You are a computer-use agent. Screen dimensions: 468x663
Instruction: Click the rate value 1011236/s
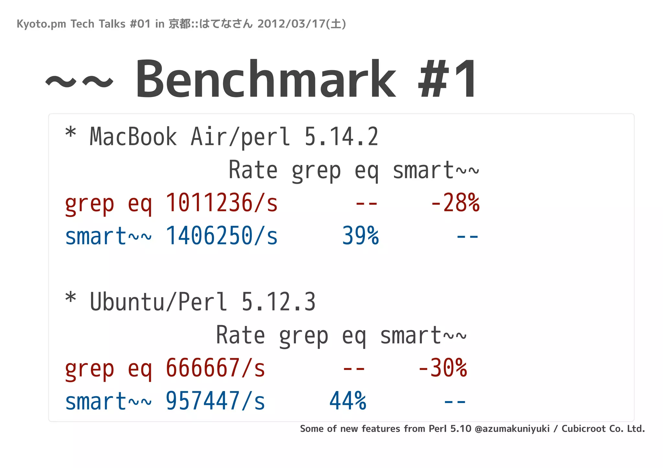point(221,203)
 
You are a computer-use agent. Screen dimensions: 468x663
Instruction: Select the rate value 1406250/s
point(221,236)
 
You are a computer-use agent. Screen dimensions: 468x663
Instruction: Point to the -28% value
point(455,203)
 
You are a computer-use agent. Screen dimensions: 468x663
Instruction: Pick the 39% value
point(360,236)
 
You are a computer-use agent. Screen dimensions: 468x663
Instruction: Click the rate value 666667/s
point(215,368)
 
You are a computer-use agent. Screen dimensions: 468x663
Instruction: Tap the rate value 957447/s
point(215,401)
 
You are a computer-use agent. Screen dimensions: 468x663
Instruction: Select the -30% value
point(442,368)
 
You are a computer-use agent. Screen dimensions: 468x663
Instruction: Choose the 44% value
point(348,401)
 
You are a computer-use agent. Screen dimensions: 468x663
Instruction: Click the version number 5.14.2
point(341,137)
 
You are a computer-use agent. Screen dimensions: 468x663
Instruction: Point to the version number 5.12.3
point(278,302)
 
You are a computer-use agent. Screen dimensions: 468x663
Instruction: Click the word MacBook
point(133,137)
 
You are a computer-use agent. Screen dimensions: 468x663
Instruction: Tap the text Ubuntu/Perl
point(158,302)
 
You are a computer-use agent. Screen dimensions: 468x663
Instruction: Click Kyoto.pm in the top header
point(41,24)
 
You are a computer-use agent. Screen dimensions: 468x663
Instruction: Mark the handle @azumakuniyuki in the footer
point(512,429)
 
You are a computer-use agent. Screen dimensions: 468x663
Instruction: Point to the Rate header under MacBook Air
point(253,170)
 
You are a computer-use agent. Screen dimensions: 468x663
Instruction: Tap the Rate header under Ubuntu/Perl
point(240,335)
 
